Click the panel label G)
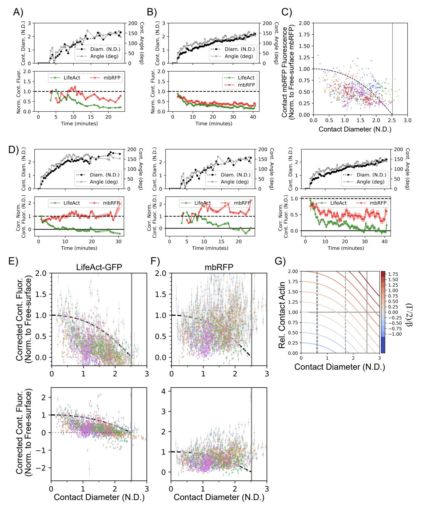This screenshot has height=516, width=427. point(280,261)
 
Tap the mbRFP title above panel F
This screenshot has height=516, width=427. point(219,267)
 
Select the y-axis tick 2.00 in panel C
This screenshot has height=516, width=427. point(304,23)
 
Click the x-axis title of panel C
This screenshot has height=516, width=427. point(355,129)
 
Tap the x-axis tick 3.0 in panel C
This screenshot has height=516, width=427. point(407,121)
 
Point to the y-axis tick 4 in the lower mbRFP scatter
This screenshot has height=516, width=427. point(166,391)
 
